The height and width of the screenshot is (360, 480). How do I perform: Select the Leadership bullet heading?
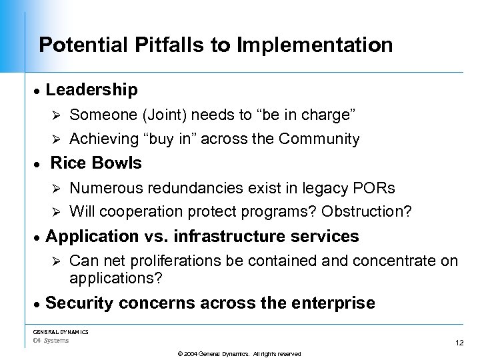pyautogui.click(x=91, y=89)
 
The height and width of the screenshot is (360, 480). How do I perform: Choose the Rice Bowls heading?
pyautogui.click(x=96, y=163)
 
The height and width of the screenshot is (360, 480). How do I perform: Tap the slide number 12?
pyautogui.click(x=459, y=343)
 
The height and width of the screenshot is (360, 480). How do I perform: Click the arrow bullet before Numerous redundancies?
pyautogui.click(x=57, y=189)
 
